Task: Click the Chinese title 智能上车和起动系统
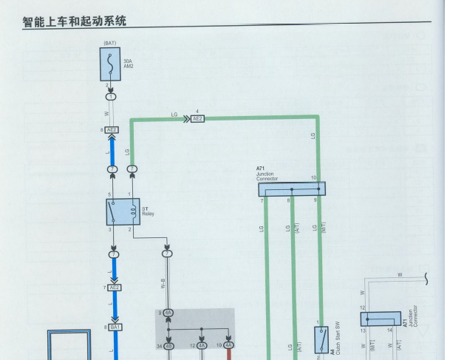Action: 74,21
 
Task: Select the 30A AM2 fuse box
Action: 110,64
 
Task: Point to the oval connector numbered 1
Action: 111,97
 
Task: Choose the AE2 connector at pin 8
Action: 112,130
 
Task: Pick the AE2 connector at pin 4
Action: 197,118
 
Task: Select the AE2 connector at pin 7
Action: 114,288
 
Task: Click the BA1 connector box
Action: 115,326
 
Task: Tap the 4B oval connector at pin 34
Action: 168,345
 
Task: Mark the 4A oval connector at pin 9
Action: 168,313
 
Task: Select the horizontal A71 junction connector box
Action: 291,189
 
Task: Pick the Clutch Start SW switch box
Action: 322,340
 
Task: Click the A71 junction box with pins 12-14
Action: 381,319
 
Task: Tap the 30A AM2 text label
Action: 129,64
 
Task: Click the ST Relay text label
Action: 148,211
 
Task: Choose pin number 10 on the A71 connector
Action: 313,177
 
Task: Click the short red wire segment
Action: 229,354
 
